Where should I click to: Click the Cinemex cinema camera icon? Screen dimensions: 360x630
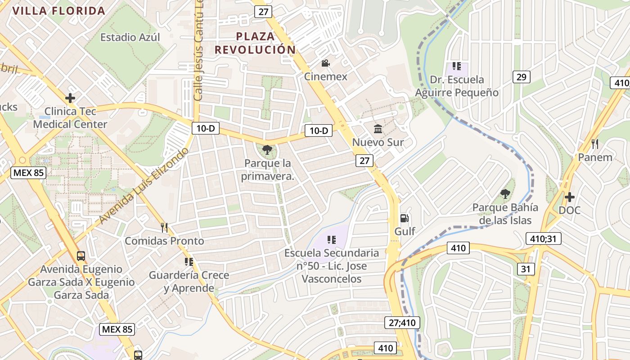[x=325, y=63]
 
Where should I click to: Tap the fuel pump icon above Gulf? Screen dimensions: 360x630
[x=405, y=218]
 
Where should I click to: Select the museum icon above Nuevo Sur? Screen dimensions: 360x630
[x=378, y=129]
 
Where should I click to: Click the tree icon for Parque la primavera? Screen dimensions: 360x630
[x=267, y=150]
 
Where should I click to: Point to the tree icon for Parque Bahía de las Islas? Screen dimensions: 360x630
[x=505, y=194]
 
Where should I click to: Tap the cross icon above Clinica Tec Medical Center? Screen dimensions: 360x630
[x=70, y=98]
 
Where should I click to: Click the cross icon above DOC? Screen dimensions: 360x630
[x=570, y=197]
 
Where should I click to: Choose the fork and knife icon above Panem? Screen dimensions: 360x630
[x=595, y=144]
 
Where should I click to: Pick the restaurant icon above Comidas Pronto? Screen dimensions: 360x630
[x=164, y=228]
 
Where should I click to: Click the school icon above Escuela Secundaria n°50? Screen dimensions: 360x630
[x=332, y=239]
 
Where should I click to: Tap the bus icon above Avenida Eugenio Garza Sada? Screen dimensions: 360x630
[x=81, y=256]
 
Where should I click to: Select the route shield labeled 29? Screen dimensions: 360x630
[x=521, y=77]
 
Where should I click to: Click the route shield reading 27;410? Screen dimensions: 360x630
[x=402, y=322]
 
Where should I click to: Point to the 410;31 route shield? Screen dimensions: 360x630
[x=543, y=238]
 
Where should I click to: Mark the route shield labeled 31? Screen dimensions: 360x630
[x=526, y=269]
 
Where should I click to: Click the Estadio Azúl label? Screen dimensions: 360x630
[x=130, y=37]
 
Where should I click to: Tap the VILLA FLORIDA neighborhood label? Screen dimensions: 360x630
[x=59, y=11]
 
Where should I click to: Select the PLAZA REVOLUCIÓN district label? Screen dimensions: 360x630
[x=255, y=43]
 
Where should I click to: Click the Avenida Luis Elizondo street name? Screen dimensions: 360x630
[x=144, y=185]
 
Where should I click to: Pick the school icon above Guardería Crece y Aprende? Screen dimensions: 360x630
[x=189, y=261]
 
